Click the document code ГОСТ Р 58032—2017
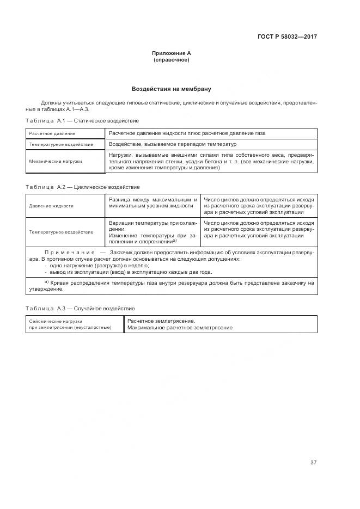[287, 37]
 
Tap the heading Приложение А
[172, 53]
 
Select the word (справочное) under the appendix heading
[172, 60]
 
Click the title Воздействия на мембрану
[172, 89]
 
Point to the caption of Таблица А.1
[82, 120]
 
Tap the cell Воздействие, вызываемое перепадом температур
[173, 144]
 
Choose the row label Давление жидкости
[52, 206]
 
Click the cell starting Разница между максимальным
[152, 203]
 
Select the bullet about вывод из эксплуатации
[128, 272]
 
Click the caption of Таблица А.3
[81, 309]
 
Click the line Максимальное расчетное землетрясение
[180, 328]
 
